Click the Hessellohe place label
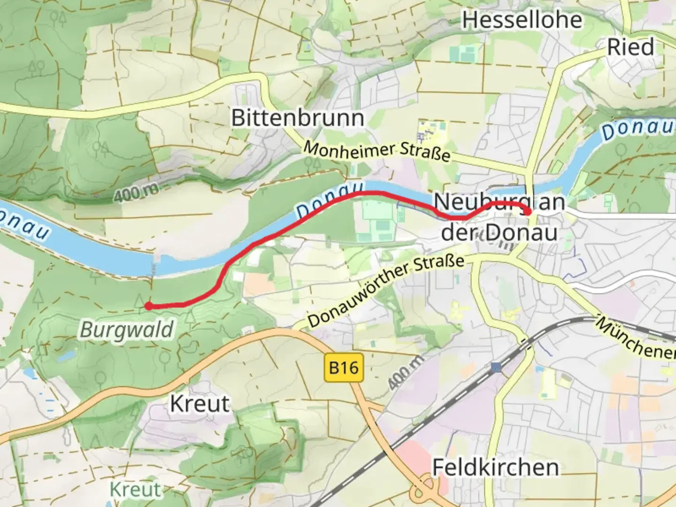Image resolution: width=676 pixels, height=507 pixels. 522,20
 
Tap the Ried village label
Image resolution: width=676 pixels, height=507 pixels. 630,47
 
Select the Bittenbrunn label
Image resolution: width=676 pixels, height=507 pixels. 298,117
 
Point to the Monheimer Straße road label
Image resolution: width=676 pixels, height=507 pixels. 377,151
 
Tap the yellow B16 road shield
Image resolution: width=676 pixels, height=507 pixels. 344,367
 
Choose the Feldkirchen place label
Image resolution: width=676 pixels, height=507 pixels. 495,468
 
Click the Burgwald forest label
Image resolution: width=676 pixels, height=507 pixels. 127,330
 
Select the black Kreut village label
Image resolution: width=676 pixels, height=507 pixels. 200,404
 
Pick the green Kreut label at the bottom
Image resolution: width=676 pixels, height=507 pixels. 135,490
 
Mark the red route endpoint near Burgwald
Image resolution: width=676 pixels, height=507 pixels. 148,307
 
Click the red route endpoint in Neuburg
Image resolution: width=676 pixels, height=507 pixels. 528,212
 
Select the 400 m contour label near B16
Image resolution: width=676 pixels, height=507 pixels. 406,372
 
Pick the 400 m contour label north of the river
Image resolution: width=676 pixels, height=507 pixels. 136,192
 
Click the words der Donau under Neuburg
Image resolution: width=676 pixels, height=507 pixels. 499,232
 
